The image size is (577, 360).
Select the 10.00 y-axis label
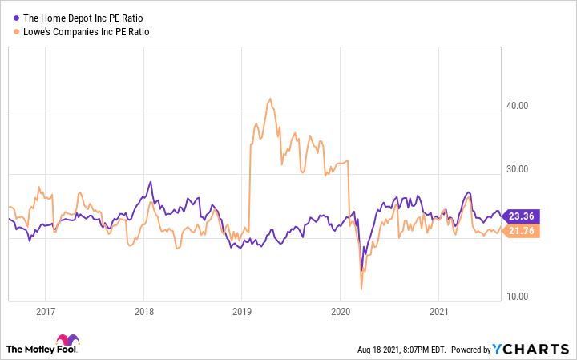(516, 297)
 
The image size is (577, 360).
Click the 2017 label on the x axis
(45, 311)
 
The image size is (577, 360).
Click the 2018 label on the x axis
(143, 311)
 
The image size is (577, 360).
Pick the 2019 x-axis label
(242, 311)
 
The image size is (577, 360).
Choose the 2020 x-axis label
(341, 311)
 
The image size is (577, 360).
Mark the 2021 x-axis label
(439, 311)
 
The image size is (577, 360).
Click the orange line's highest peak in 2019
(270, 99)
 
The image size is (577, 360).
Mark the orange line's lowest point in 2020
(362, 289)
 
